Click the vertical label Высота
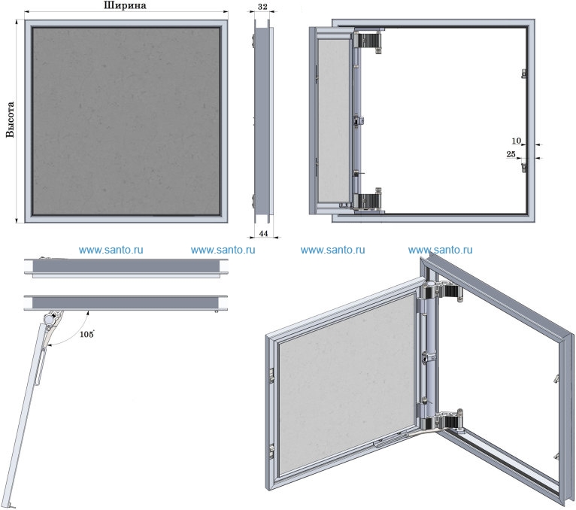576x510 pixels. pyautogui.click(x=10, y=120)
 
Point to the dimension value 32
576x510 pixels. pyautogui.click(x=262, y=5)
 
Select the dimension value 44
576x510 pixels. pyautogui.click(x=262, y=234)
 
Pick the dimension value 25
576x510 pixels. pyautogui.click(x=511, y=154)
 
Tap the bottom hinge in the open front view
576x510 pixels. pyautogui.click(x=369, y=201)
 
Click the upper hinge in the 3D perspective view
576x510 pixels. pyautogui.click(x=439, y=292)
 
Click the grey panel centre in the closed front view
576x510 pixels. pyautogui.click(x=126, y=120)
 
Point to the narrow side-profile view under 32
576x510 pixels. pyautogui.click(x=262, y=120)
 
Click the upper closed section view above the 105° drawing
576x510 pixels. pyautogui.click(x=125, y=266)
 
